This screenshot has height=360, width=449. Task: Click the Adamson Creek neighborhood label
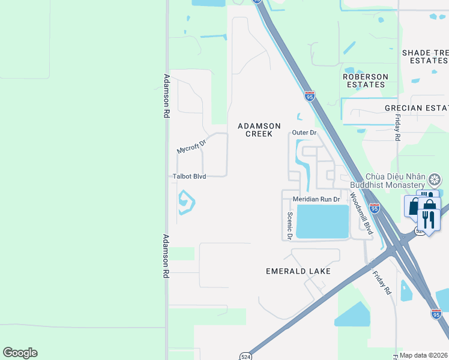pos(259,130)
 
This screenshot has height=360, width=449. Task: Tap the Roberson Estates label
pos(365,80)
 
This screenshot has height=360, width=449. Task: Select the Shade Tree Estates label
pos(425,57)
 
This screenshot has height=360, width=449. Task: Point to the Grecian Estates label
pos(417,108)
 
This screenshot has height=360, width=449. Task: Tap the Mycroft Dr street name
pos(191,147)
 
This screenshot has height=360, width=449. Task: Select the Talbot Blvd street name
pos(189,176)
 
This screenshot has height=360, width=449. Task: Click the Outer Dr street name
pos(304,133)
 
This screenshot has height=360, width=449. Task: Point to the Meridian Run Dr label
pos(316,199)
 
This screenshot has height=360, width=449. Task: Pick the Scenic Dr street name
pos(289,226)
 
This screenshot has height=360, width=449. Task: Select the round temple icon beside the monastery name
pos(435,179)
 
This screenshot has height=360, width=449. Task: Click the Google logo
pos(20,353)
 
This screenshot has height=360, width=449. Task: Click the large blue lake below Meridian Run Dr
pos(323,221)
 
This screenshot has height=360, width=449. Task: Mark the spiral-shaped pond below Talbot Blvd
pos(185,202)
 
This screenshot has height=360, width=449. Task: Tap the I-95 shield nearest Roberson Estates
pos(309,96)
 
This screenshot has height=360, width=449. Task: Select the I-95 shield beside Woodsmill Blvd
pos(374,208)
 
